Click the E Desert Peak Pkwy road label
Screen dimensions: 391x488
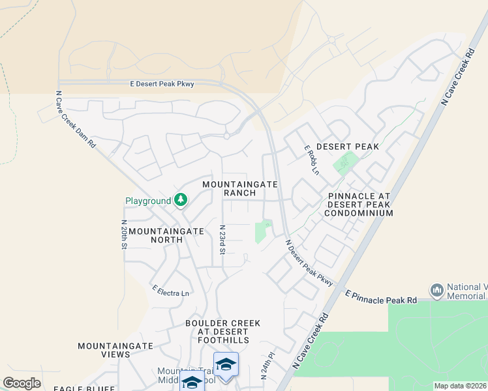pos(162,83)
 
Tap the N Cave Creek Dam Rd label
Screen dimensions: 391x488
pos(76,119)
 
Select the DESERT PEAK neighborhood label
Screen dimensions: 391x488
pos(348,147)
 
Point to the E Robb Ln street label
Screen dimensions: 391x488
pos(312,160)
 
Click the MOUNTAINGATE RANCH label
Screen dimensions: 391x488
pos(240,188)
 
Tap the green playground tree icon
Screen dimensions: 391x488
pos(181,201)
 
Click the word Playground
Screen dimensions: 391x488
pos(148,201)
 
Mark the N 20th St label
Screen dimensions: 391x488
pos(123,234)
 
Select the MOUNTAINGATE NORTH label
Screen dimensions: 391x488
pos(155,235)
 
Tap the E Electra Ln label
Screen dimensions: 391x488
pos(170,291)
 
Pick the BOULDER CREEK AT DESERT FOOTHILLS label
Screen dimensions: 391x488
pos(222,332)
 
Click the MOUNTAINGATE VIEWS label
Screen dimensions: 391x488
pos(115,350)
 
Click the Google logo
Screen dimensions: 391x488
pos(22,383)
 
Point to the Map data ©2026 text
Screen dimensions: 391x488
pos(460,386)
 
